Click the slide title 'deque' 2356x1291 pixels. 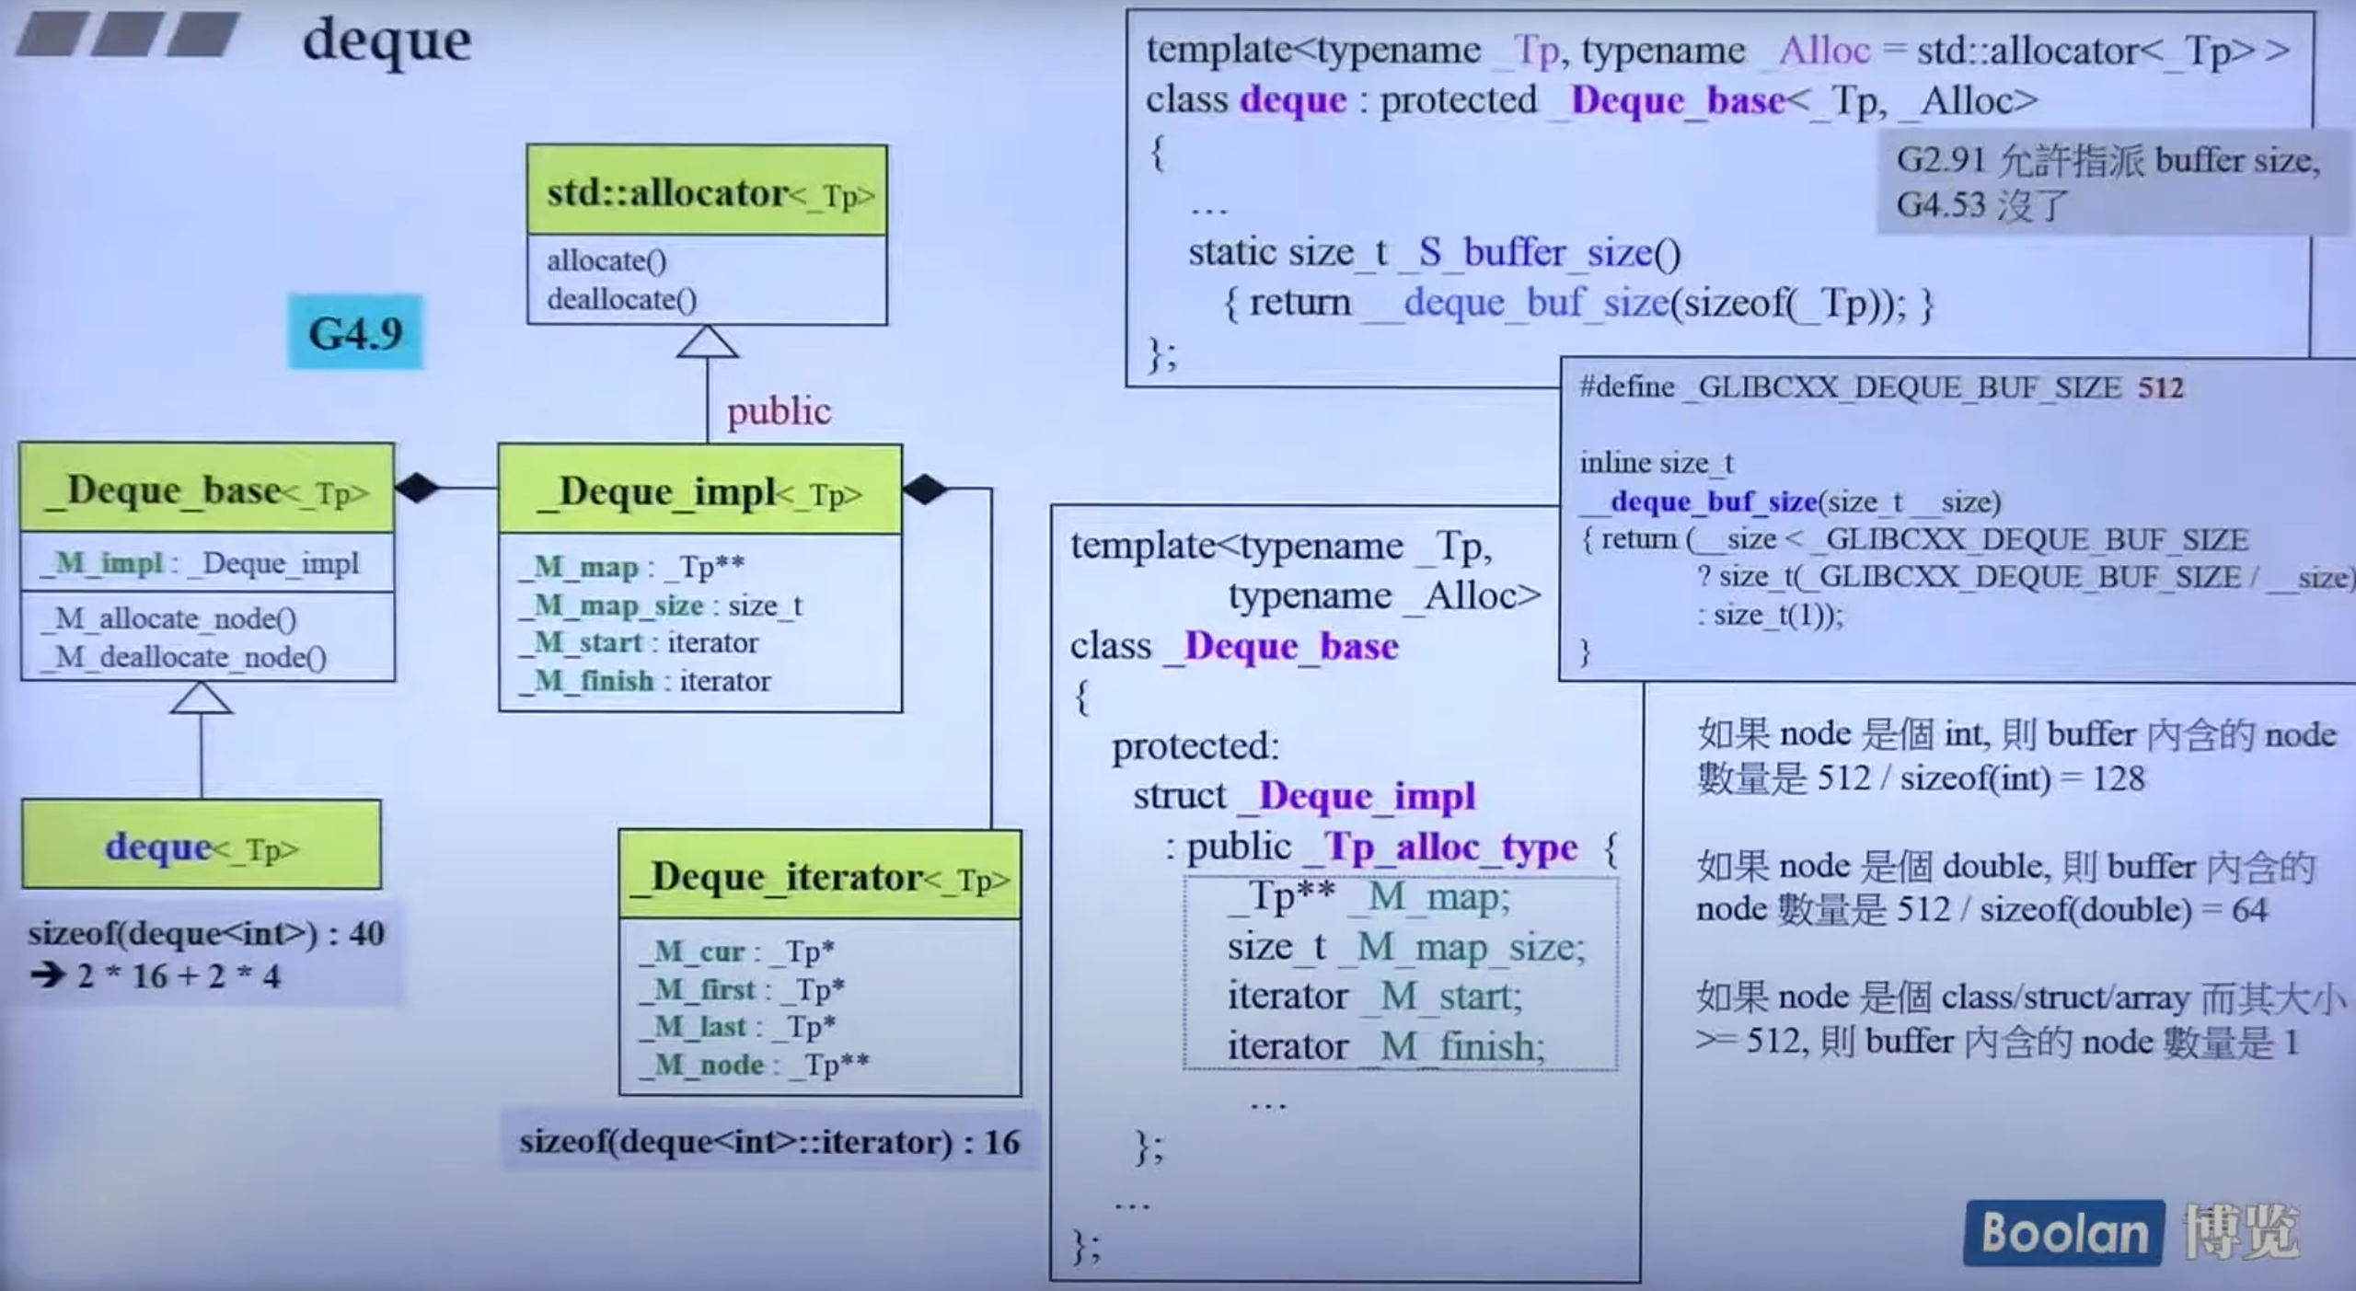(387, 41)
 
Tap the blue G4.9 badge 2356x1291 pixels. (355, 332)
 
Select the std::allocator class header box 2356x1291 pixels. (707, 191)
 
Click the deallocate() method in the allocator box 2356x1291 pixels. (622, 299)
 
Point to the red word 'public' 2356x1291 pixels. (779, 410)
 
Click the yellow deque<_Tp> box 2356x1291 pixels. (202, 846)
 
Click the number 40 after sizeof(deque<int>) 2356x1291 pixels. (366, 934)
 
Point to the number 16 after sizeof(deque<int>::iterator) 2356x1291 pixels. (1002, 1142)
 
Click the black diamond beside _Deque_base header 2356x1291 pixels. (418, 487)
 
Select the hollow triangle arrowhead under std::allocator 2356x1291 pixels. (707, 342)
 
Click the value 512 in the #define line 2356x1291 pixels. (2160, 387)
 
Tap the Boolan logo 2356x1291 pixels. (2063, 1232)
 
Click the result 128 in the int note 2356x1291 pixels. (2118, 778)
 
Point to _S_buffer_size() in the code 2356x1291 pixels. (1540, 251)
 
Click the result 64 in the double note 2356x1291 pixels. (2248, 910)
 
